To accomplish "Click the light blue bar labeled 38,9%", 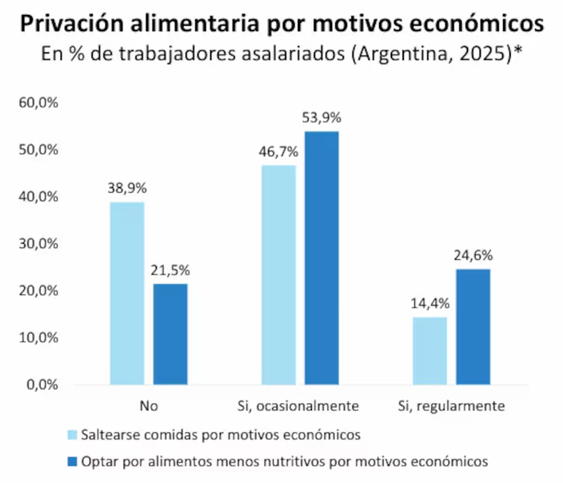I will (127, 293).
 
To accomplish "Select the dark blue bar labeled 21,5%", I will (170, 334).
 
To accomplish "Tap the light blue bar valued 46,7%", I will (278, 275).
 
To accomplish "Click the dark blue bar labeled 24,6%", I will (472, 327).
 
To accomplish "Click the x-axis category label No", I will (148, 406).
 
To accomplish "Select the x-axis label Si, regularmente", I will (451, 406).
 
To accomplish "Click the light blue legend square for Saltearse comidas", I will (72, 434).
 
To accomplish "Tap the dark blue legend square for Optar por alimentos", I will (72, 462).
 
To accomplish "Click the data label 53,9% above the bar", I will (321, 118).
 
